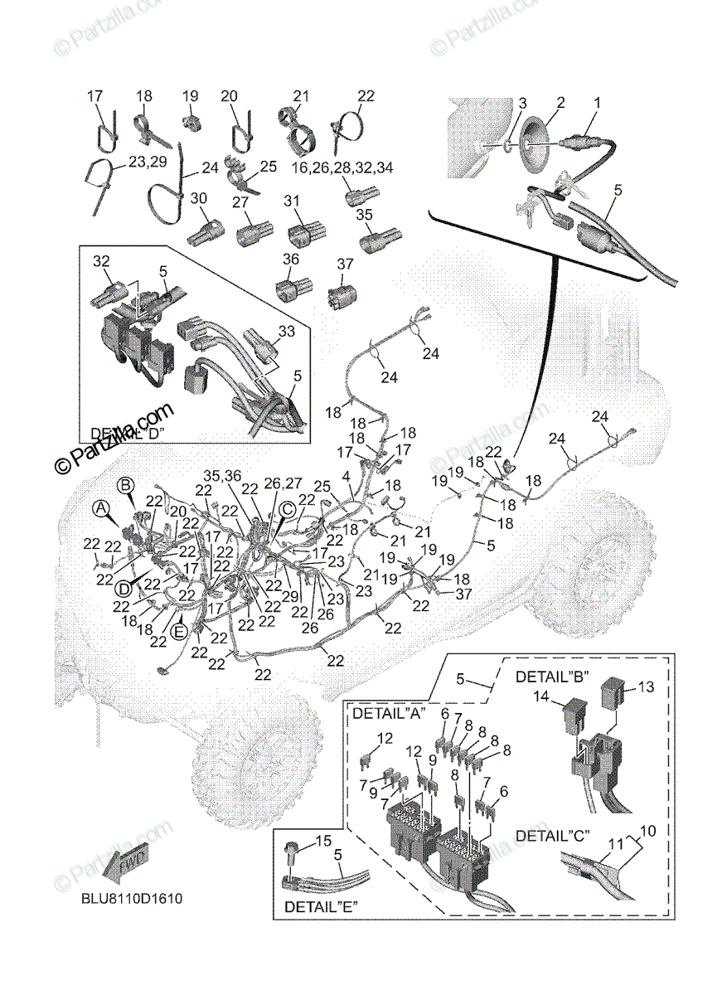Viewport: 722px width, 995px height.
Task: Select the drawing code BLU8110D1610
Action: pyautogui.click(x=132, y=898)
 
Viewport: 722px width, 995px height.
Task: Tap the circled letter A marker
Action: pyautogui.click(x=100, y=507)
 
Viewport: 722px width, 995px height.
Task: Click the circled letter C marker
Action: pyautogui.click(x=286, y=509)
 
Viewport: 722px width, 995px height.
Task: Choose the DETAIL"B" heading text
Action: pyautogui.click(x=551, y=676)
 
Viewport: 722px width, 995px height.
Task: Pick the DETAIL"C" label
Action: pyautogui.click(x=551, y=835)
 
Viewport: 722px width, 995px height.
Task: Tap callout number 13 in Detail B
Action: pyautogui.click(x=647, y=687)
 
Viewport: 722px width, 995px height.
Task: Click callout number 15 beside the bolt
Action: pyautogui.click(x=323, y=842)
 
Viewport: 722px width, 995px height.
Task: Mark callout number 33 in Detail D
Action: pyautogui.click(x=286, y=331)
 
